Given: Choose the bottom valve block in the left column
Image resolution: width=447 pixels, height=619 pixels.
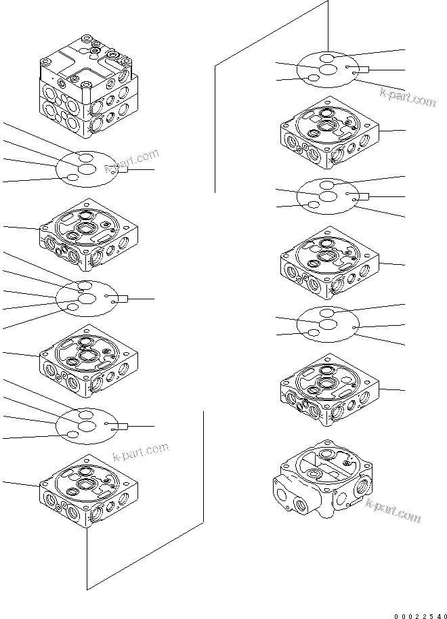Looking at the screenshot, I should tap(89, 491).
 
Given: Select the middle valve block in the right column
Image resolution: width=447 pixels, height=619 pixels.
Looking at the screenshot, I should tap(330, 263).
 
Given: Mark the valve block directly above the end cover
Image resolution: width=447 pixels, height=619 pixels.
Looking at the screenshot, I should tap(330, 393).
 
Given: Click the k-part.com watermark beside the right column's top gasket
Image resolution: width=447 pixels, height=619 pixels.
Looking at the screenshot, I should tap(407, 99).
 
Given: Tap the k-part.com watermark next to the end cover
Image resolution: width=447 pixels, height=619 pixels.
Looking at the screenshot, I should tap(393, 510).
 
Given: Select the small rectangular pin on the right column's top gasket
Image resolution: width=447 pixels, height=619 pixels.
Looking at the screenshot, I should tap(362, 69).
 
